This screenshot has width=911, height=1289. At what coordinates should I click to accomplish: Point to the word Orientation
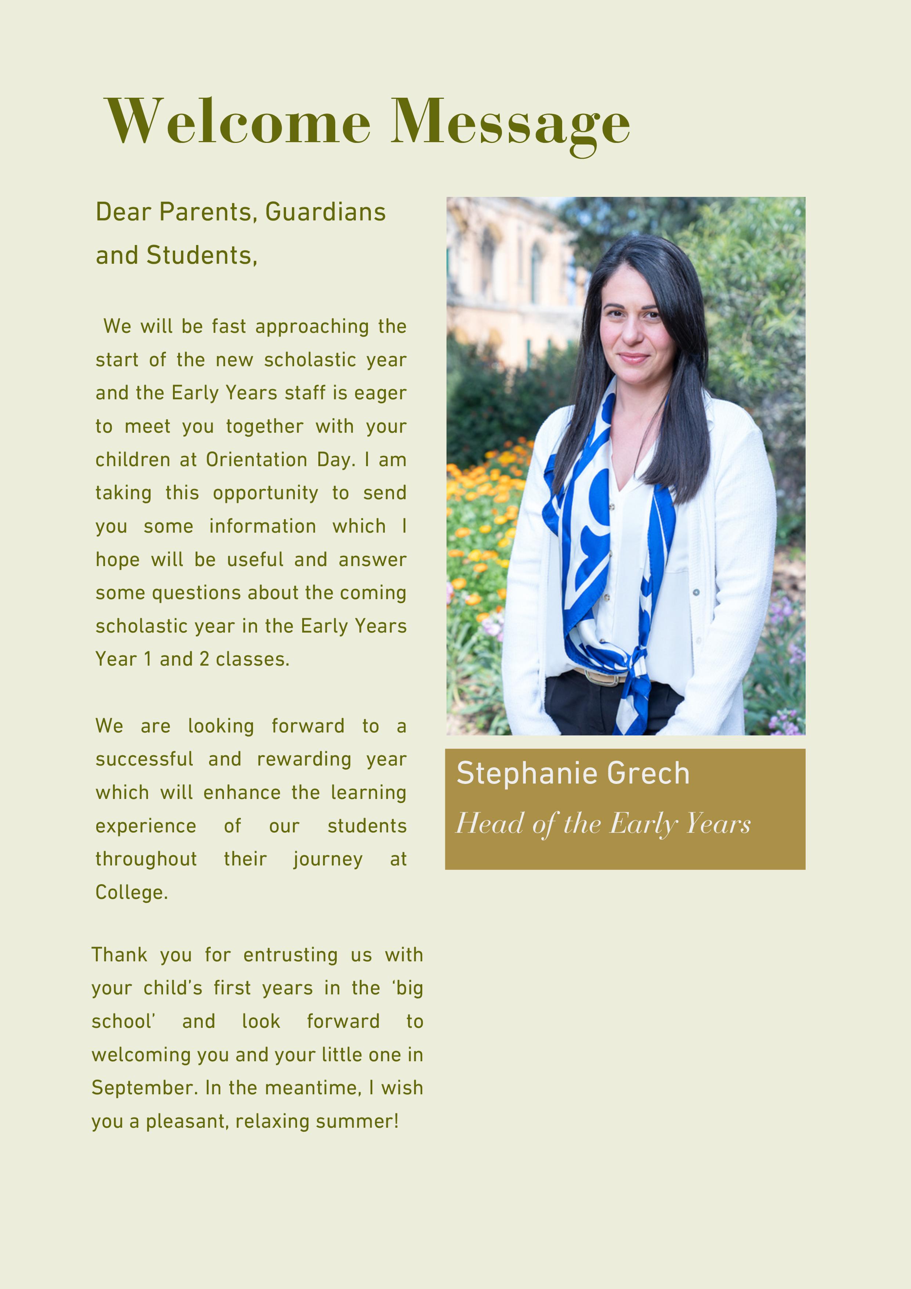pos(257,460)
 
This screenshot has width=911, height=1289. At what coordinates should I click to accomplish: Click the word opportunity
pos(265,493)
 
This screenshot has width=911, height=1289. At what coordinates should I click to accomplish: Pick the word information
pos(262,527)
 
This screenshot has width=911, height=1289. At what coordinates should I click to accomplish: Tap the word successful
pos(144,760)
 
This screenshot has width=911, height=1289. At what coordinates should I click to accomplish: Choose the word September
pos(144,1088)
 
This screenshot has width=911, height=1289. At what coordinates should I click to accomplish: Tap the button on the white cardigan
pos(696,592)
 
